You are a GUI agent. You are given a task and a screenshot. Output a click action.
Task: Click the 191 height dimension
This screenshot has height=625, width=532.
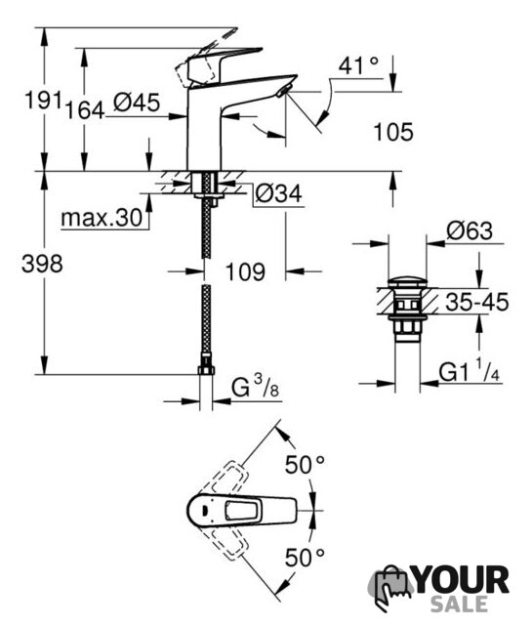point(43,100)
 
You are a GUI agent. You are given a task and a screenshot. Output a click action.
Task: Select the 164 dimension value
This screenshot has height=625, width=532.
point(85,110)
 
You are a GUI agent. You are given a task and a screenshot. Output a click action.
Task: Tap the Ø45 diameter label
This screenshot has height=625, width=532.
point(137,102)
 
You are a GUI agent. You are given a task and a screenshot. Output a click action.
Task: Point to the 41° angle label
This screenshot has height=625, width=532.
point(359,65)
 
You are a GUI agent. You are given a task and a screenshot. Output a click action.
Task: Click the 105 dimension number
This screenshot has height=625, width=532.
point(393,132)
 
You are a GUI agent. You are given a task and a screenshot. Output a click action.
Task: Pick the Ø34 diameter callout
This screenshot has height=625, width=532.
point(279,193)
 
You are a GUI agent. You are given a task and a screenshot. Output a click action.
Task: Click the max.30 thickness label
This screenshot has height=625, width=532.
point(102,218)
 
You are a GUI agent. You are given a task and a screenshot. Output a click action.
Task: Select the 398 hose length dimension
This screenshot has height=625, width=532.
point(42,264)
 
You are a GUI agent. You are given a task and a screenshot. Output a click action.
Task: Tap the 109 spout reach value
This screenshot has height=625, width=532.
point(245,272)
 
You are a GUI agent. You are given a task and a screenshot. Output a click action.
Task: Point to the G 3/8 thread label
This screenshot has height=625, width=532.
point(256,387)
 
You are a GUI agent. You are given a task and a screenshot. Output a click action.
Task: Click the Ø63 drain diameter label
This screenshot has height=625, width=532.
point(470,230)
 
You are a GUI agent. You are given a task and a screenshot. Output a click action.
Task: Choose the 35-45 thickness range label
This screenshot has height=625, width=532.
point(477,302)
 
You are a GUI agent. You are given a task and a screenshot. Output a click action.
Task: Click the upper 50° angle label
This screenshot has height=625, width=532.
point(305,465)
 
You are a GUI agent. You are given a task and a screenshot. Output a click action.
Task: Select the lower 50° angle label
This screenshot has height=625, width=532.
point(305,557)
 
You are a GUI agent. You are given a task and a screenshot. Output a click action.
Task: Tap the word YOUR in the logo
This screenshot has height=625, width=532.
point(462,580)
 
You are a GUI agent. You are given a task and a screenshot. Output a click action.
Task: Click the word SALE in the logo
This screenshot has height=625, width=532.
point(459,604)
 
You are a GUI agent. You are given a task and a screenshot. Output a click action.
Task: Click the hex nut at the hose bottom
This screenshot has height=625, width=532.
point(206,370)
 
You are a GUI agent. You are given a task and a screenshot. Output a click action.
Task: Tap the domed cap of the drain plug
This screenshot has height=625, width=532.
point(407,281)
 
